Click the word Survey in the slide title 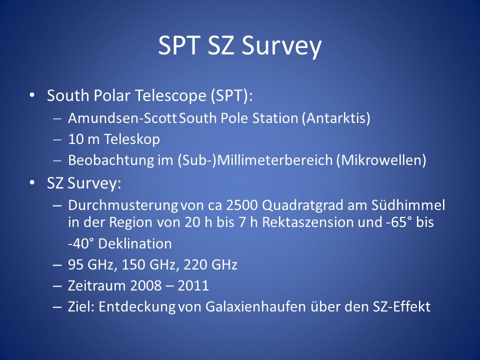coord(281,46)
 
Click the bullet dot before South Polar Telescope coord(32,95)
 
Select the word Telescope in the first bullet coord(171,95)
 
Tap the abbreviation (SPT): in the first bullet coord(231,95)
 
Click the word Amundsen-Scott coord(122,118)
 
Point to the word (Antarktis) coord(336,118)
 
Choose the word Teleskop coord(132,139)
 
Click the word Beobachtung coord(111,160)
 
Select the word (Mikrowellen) coord(381,160)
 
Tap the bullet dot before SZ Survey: coord(32,183)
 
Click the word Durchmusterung coord(123,205)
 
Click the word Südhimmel coord(408,205)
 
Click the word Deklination coord(134,243)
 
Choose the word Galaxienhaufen coord(255,306)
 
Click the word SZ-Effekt coord(401,306)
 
